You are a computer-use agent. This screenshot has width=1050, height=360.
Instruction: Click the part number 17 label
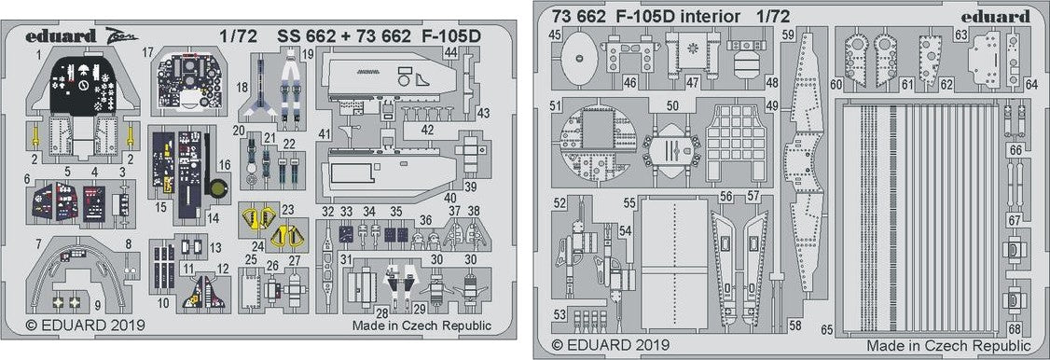148,51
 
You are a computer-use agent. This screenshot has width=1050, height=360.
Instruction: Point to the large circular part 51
598,143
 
